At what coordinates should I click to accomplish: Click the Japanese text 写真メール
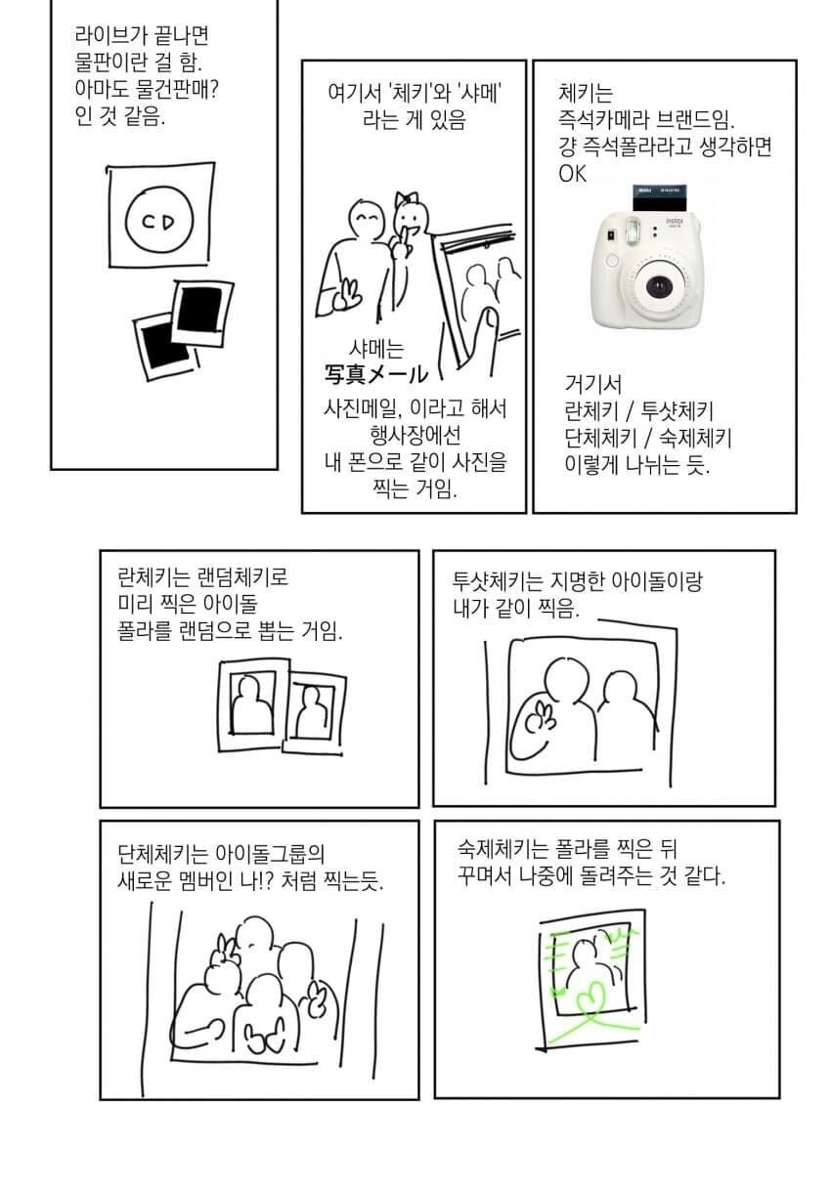pos(376,374)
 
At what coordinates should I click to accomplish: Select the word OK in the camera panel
pos(573,174)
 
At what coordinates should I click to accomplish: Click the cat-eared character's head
pos(407,217)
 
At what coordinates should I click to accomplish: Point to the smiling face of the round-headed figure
pos(367,220)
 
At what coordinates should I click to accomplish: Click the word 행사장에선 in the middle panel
pos(402,434)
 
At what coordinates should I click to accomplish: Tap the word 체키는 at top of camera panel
pos(585,95)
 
